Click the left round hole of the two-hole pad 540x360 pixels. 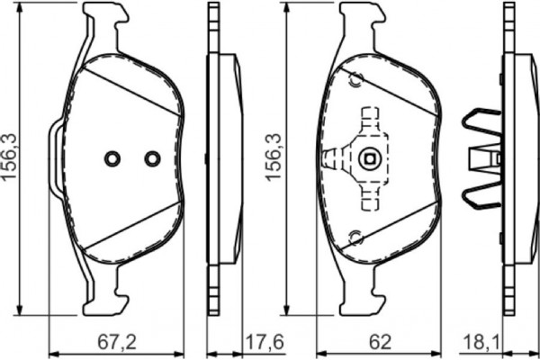tap(112, 158)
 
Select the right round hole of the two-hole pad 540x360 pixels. tap(151, 158)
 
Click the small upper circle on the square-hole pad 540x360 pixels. tap(354, 80)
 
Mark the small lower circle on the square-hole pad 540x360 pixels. tap(355, 238)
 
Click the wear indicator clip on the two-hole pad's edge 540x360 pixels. tap(55, 158)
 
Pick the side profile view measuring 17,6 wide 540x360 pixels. tap(221, 159)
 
